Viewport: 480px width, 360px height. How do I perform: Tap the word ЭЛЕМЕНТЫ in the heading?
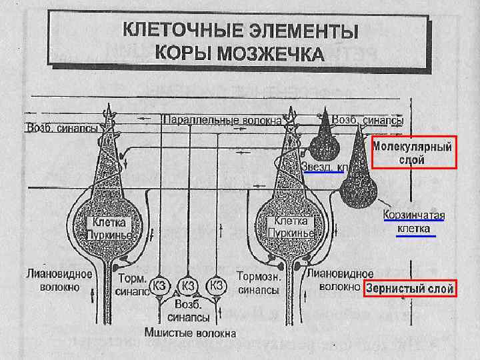292,31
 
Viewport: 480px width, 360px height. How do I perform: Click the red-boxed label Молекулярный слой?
413,153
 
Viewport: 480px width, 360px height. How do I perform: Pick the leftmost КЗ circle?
161,285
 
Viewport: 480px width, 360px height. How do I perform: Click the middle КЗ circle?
189,285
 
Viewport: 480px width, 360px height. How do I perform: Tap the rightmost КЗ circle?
216,285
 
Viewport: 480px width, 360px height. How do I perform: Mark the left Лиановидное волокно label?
53,280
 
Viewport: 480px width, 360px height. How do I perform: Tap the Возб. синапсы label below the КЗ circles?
189,311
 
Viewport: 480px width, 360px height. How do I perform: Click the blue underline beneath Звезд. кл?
323,172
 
